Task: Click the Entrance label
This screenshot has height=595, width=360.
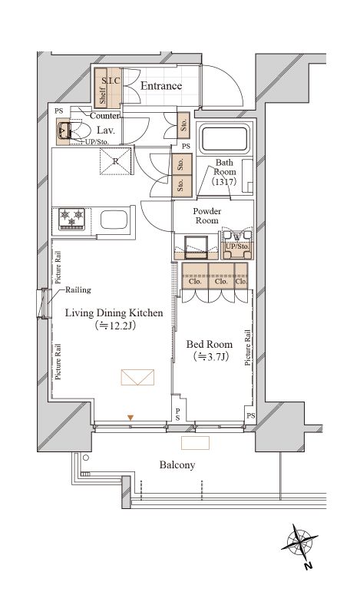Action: click(x=161, y=86)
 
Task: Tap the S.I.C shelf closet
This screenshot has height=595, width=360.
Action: click(x=107, y=88)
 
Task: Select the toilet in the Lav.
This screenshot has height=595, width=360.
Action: click(x=73, y=131)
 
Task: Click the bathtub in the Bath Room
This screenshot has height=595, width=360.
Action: click(x=224, y=139)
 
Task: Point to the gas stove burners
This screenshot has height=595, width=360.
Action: click(x=71, y=220)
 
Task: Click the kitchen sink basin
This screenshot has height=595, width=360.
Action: click(x=114, y=220)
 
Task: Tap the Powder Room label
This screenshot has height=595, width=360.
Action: click(x=206, y=216)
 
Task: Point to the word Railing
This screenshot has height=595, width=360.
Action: click(x=78, y=290)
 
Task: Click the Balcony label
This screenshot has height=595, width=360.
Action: click(x=177, y=464)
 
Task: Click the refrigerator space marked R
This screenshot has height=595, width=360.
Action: click(x=116, y=161)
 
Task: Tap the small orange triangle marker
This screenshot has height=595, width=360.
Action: click(x=130, y=418)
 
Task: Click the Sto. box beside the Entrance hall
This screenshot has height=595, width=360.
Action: click(x=183, y=126)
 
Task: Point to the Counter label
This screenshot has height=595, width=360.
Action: click(x=104, y=116)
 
